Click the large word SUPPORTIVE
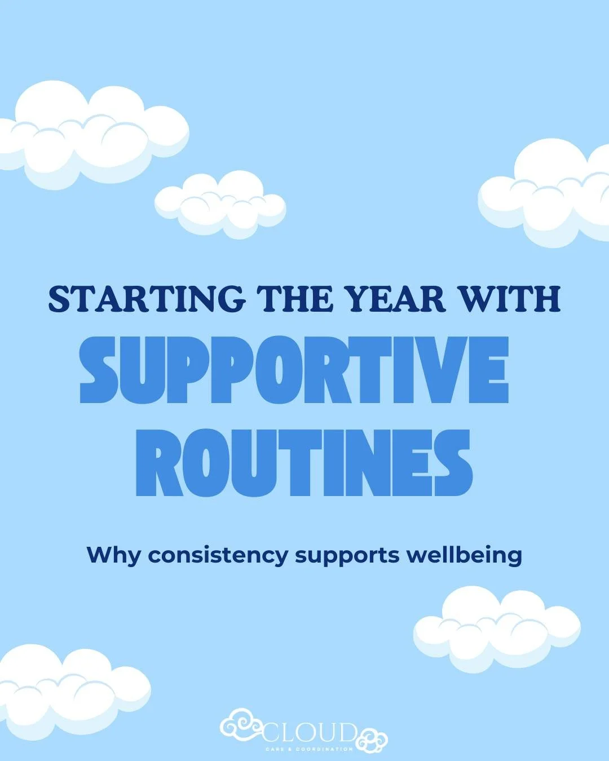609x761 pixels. (294, 369)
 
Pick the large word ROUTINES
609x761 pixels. (303, 463)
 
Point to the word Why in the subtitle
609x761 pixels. (114, 555)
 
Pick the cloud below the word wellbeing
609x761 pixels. (496, 629)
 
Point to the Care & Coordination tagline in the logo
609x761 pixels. (309, 749)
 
